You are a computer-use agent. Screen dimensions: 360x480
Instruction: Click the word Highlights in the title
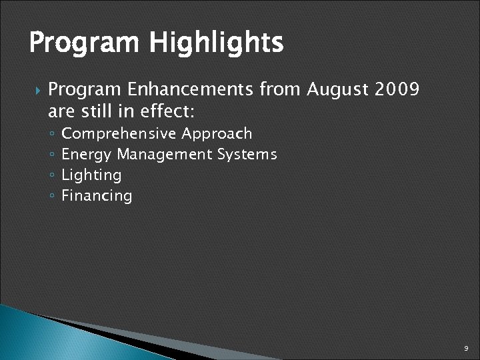pyautogui.click(x=216, y=44)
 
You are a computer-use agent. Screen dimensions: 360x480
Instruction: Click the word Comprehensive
pyautogui.click(x=119, y=134)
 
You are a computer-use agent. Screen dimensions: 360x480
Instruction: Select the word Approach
pyautogui.click(x=217, y=134)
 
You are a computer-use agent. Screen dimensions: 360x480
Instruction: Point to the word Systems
pyautogui.click(x=247, y=155)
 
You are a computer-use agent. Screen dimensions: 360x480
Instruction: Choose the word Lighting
pyautogui.click(x=91, y=175)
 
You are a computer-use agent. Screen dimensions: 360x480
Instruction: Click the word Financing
pyautogui.click(x=97, y=196)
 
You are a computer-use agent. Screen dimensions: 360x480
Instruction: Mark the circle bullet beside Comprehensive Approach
pyautogui.click(x=52, y=135)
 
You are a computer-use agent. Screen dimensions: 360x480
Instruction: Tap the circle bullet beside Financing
pyautogui.click(x=52, y=197)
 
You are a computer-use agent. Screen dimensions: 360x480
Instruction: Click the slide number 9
pyautogui.click(x=467, y=348)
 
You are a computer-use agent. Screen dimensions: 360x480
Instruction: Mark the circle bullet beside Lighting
pyautogui.click(x=52, y=176)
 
